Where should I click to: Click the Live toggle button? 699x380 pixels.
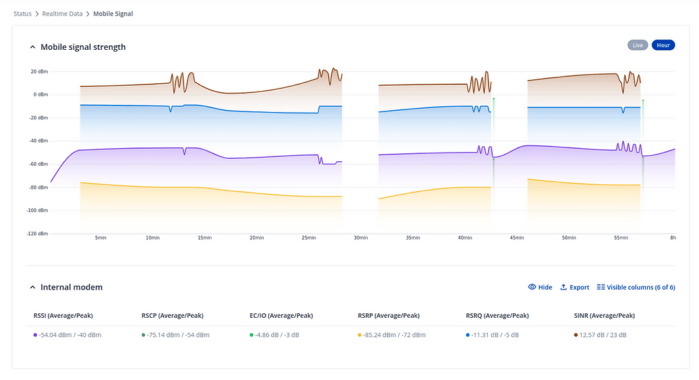coord(637,45)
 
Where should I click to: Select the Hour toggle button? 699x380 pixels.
coord(663,45)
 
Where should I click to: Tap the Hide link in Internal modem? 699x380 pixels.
coord(540,287)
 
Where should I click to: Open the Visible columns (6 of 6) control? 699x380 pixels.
coord(635,287)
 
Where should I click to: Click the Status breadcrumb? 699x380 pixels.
coord(22,14)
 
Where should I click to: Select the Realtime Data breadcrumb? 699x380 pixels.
coord(62,14)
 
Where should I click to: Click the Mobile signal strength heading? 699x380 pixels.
coord(83,47)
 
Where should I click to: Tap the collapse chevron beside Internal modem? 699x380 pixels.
coord(31,287)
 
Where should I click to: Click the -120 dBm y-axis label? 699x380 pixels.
coord(37,234)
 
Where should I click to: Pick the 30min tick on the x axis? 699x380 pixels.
coord(361,238)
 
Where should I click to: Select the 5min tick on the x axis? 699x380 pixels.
coord(100,238)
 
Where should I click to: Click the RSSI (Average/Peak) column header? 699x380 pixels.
coord(63,316)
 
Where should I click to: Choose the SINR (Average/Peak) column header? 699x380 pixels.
coord(604,316)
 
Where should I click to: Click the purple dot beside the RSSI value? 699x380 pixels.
coord(35,335)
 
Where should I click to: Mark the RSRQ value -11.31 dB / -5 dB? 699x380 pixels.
coord(495,335)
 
